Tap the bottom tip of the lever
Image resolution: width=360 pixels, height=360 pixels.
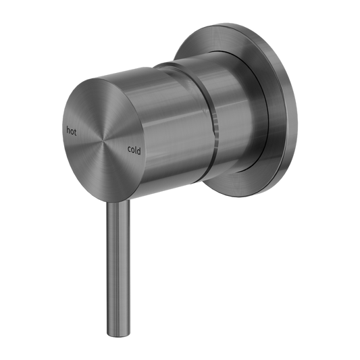[x=117, y=330]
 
